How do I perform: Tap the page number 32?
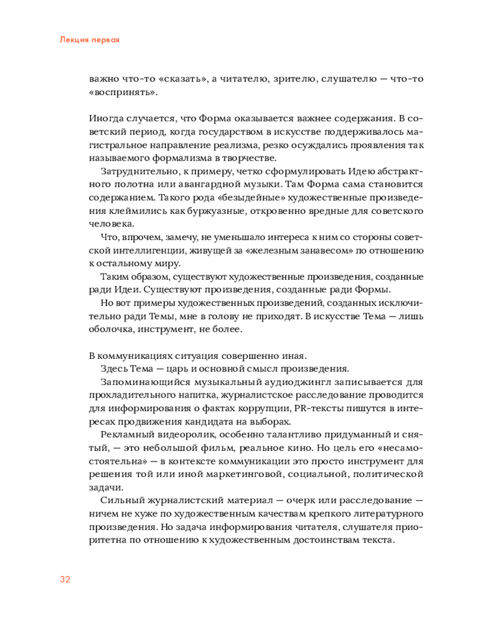pyautogui.click(x=65, y=579)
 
